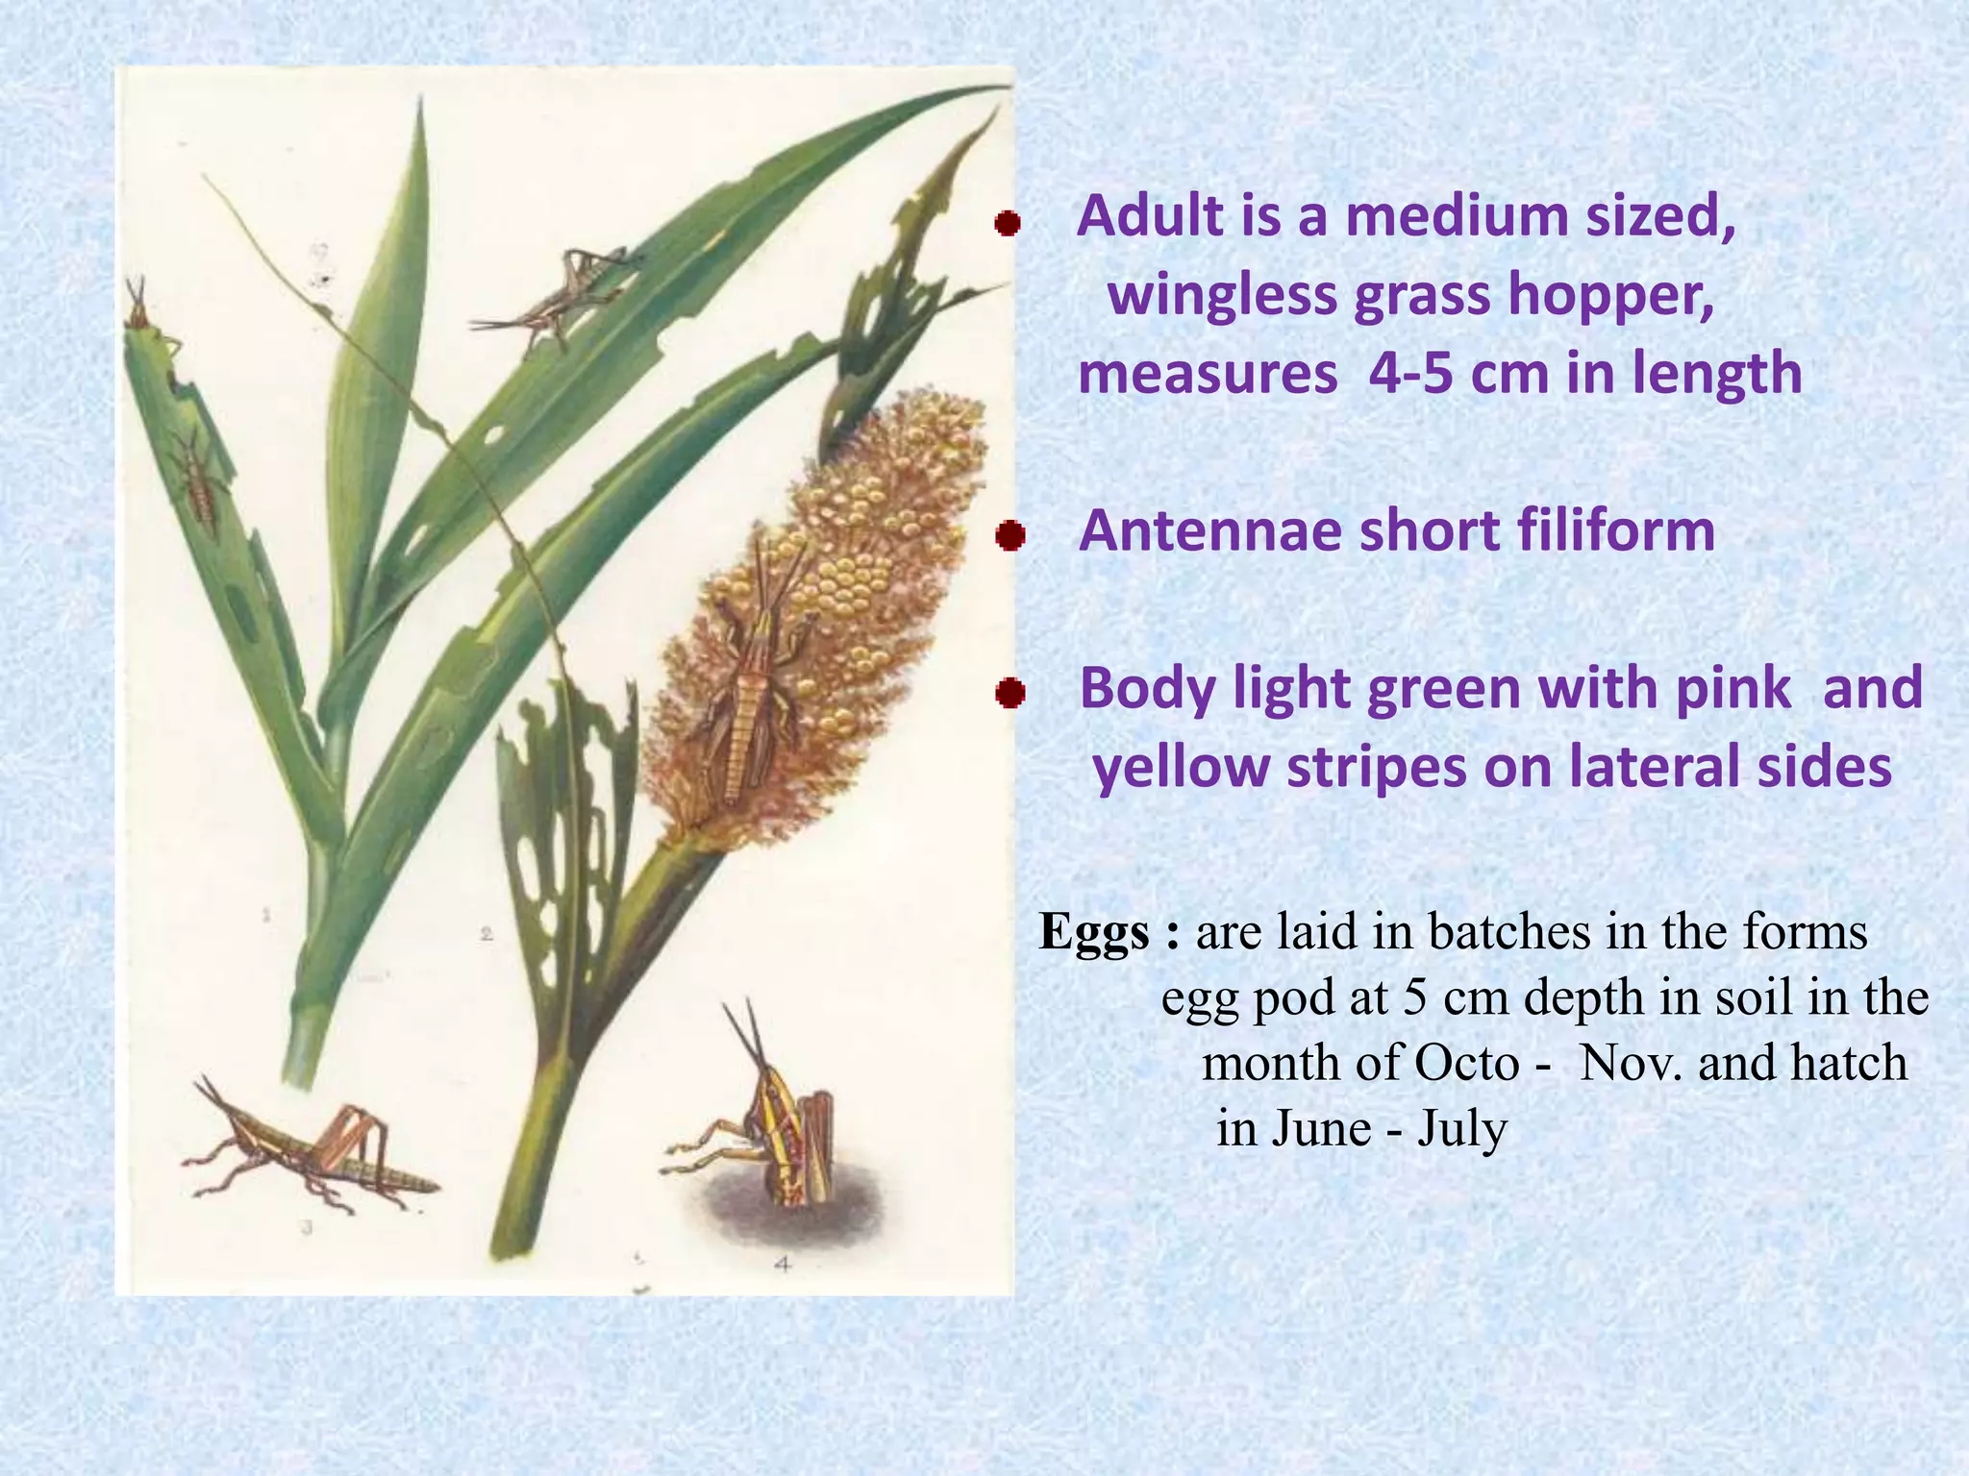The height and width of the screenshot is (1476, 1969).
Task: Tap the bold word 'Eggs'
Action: point(1094,932)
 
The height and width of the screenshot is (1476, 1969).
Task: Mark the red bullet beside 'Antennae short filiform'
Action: point(1009,535)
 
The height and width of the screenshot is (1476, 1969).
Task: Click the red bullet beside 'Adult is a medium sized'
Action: point(1007,224)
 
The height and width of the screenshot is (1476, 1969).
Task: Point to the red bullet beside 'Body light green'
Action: point(1009,692)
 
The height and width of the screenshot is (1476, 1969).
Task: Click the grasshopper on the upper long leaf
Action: point(558,293)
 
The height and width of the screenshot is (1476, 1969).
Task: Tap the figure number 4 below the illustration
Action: point(783,1266)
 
